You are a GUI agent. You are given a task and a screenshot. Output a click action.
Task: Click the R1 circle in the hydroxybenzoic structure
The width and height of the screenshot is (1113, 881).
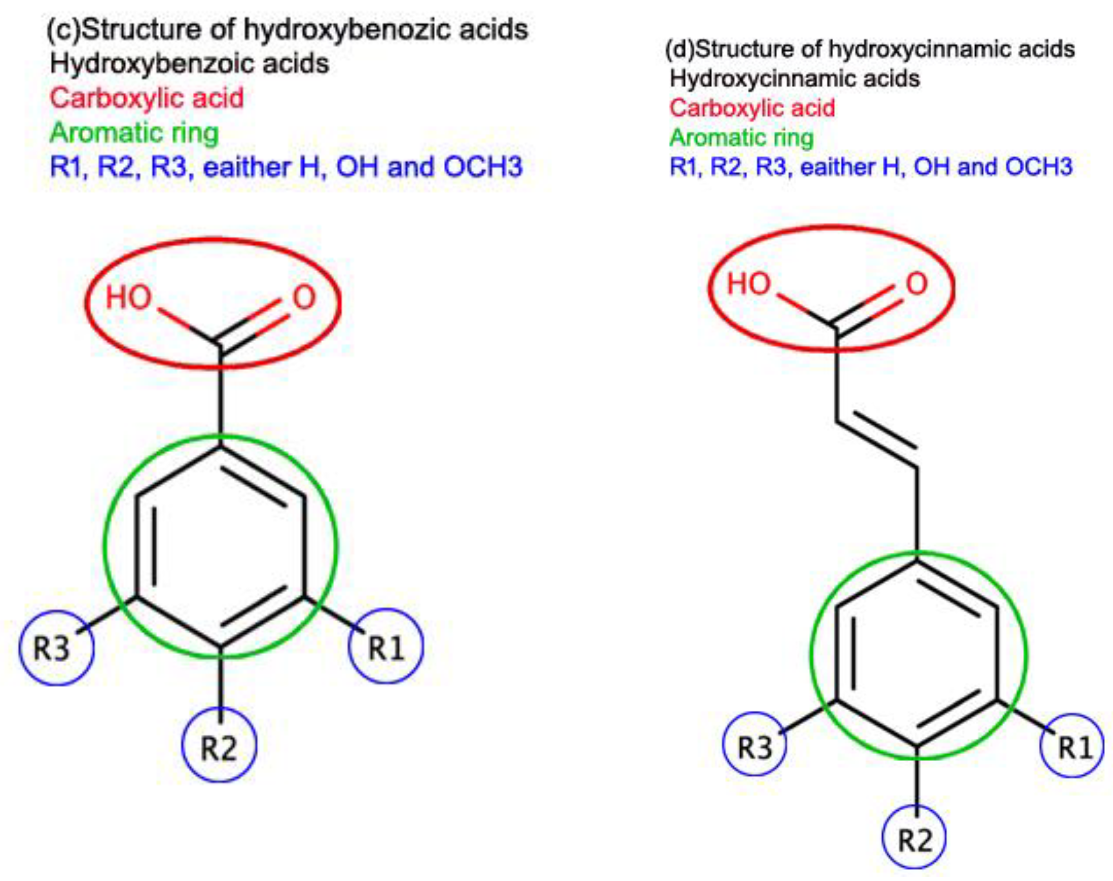coord(386,646)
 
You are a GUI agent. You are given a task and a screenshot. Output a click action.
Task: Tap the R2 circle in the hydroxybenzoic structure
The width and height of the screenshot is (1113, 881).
coord(219,745)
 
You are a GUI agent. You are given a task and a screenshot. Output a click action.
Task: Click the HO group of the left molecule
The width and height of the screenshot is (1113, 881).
coord(128,298)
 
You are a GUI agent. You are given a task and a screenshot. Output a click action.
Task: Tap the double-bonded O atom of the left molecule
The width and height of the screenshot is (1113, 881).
coord(304,298)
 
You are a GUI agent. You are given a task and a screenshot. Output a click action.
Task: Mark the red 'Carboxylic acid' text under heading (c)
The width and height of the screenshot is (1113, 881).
coord(147,98)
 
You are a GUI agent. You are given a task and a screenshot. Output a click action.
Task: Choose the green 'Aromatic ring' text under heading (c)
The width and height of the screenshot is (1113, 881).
coord(135,133)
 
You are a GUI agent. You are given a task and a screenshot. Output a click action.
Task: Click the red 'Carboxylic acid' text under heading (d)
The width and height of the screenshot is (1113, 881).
coord(752,108)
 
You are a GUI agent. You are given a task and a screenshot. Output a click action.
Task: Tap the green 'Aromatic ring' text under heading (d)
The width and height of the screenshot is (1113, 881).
coord(741,137)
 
